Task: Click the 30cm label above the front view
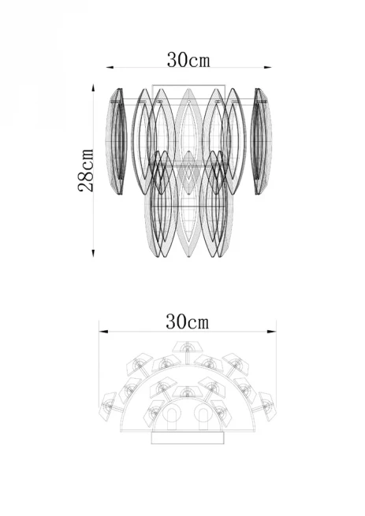(188, 60)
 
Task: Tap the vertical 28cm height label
(86, 170)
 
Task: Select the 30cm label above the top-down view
(187, 321)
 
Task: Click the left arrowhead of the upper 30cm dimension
(110, 68)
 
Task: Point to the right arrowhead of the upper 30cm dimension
(268, 68)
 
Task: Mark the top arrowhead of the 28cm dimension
(93, 87)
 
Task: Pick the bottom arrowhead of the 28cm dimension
(93, 253)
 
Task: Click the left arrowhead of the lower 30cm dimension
(103, 332)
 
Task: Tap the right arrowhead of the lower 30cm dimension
(272, 332)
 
